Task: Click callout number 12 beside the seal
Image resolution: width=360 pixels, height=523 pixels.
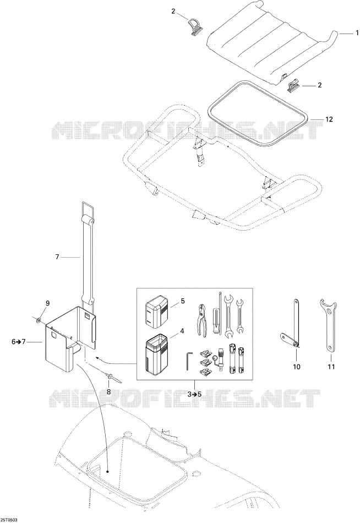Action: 329,119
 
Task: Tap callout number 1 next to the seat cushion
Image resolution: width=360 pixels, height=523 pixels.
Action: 357,33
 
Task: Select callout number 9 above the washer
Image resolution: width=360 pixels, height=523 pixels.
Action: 47,303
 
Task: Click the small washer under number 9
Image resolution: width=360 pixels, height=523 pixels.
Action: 39,320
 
